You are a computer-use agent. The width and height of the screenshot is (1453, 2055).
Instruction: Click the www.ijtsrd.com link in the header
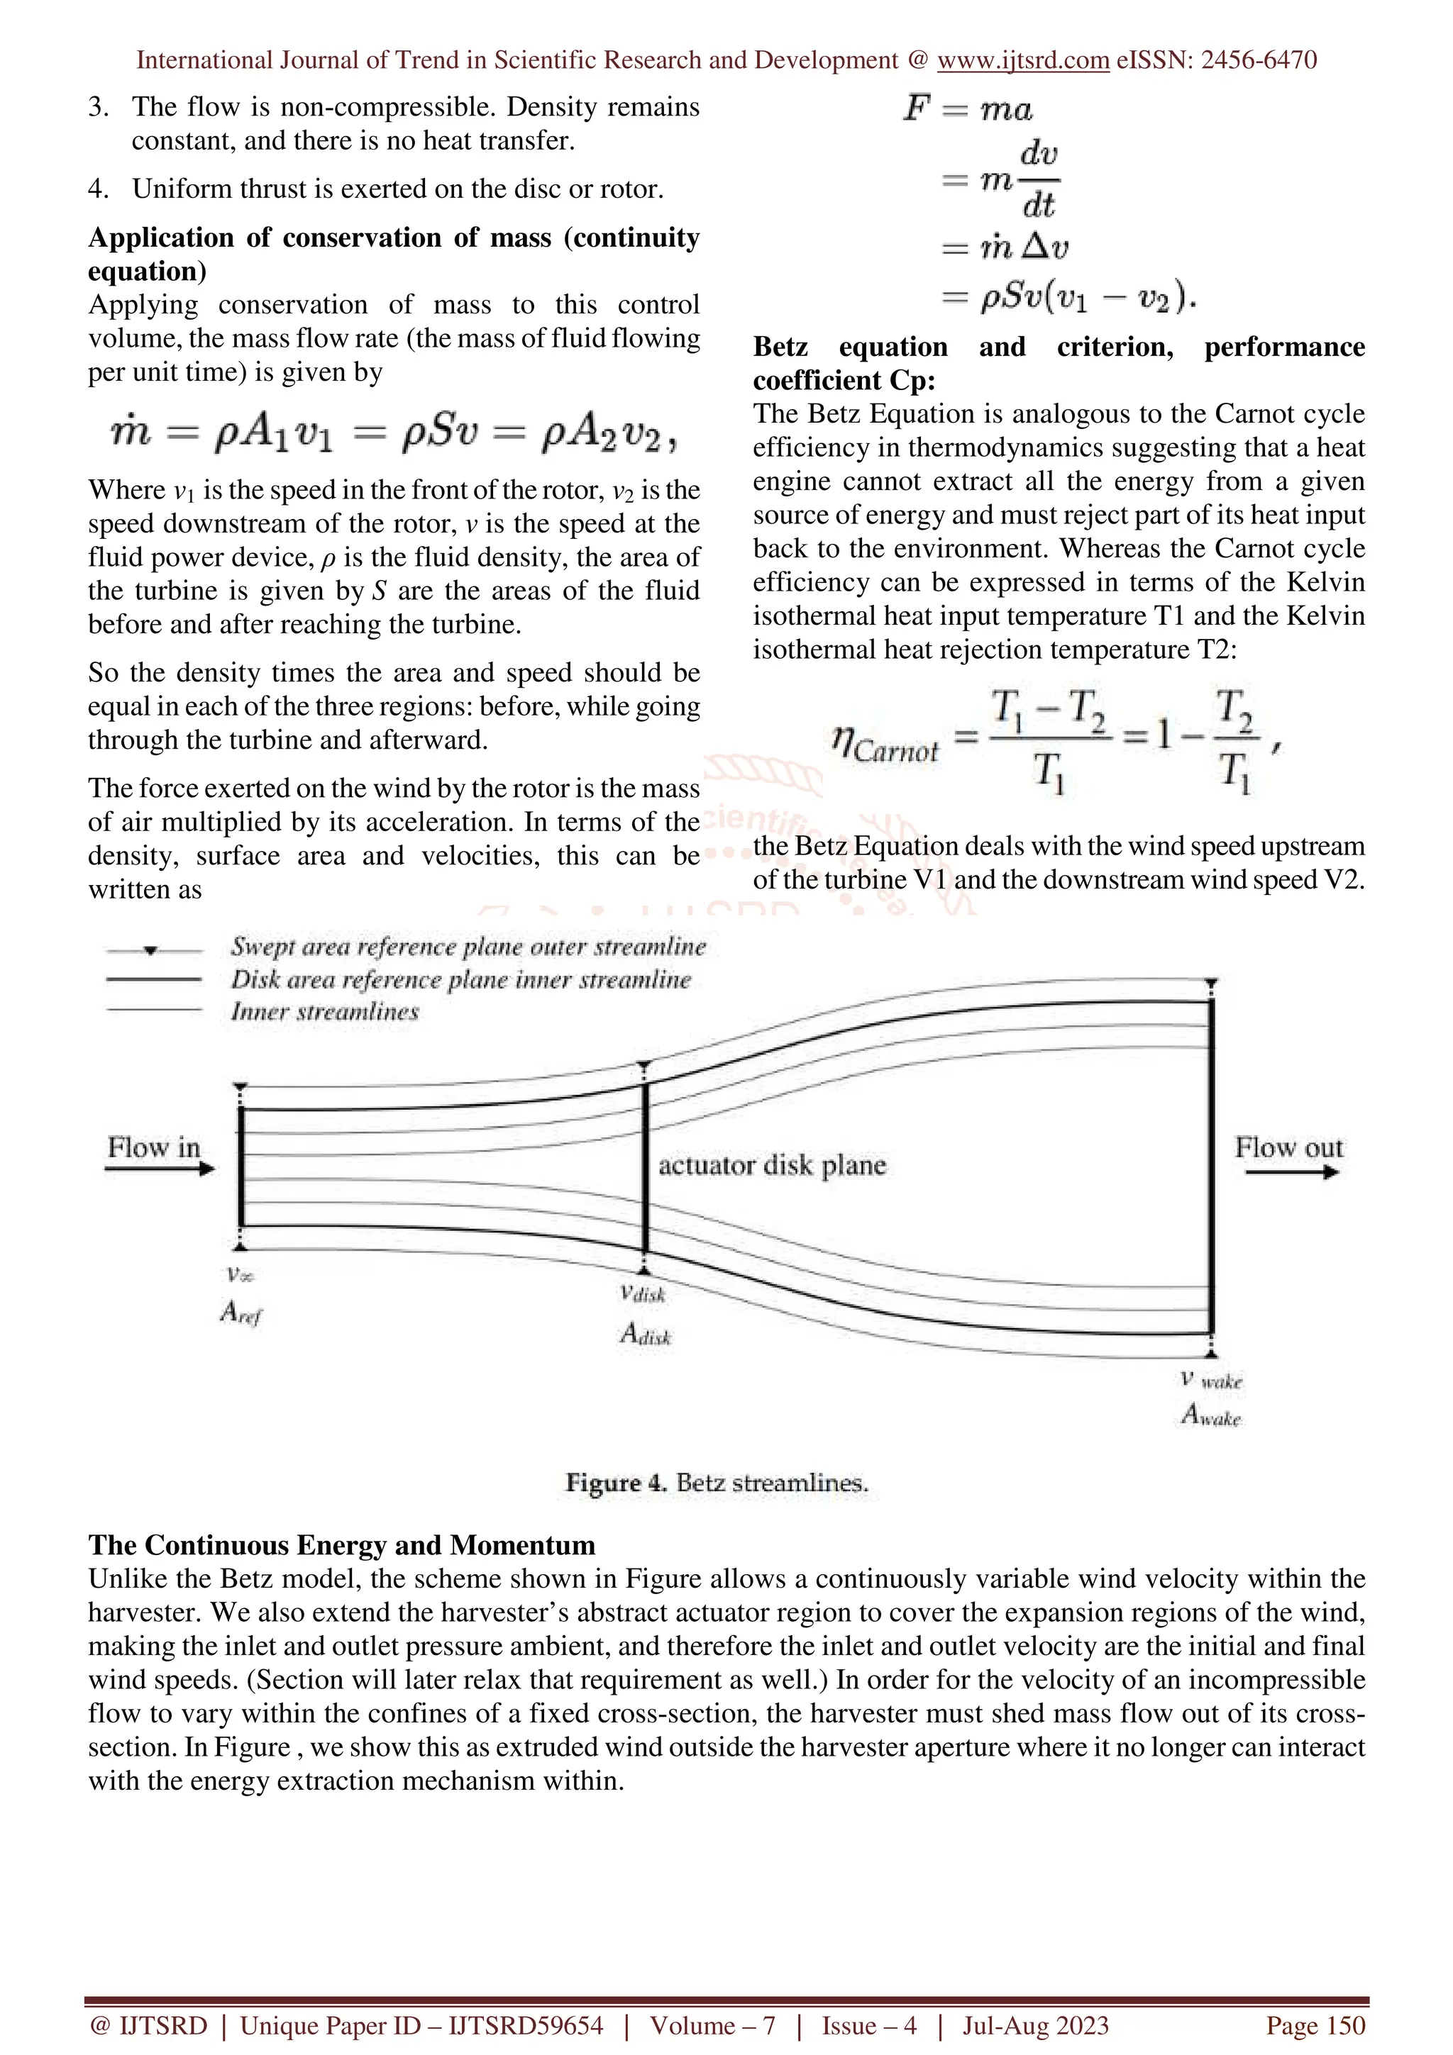tap(1022, 60)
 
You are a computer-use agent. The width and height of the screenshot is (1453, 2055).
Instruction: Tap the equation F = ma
tap(968, 109)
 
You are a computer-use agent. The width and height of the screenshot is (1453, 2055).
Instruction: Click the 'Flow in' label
tap(153, 1147)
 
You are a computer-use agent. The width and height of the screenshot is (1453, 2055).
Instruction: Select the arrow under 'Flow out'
tap(1291, 1171)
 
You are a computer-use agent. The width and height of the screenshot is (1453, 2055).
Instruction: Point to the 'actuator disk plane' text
tap(772, 1165)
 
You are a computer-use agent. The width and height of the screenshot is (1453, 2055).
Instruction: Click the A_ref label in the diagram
tap(240, 1313)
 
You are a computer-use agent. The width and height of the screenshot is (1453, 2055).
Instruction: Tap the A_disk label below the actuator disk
tap(645, 1335)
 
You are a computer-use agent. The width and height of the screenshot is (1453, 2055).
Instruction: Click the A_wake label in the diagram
tap(1210, 1415)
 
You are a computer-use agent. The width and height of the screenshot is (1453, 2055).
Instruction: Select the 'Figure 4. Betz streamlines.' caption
tap(716, 1483)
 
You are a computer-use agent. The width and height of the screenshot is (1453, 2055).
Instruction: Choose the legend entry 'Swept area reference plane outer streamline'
tap(468, 946)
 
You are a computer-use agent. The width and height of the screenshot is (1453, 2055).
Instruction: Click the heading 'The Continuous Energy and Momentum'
tap(341, 1546)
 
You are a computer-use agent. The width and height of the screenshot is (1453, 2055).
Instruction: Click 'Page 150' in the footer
tap(1314, 2025)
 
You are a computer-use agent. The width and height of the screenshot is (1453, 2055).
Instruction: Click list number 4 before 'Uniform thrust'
tap(98, 189)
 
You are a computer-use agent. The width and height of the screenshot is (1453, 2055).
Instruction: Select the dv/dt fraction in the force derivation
tap(1039, 180)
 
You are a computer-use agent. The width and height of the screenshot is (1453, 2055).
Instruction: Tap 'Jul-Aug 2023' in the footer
tap(1035, 2025)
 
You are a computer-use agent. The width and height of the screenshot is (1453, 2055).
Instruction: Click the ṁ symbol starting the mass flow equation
tap(131, 433)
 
